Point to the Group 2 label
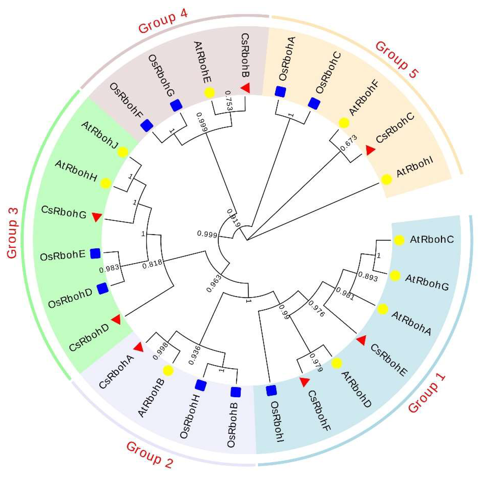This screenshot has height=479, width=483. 150,455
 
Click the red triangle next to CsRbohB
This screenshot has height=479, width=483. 246,88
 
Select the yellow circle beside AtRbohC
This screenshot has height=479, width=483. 399,240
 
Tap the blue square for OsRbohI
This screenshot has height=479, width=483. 271,390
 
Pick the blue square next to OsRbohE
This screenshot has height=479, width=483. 95,253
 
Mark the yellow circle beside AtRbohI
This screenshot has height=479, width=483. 386,179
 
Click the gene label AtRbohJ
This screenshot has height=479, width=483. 100,135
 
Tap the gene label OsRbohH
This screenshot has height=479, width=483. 189,417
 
